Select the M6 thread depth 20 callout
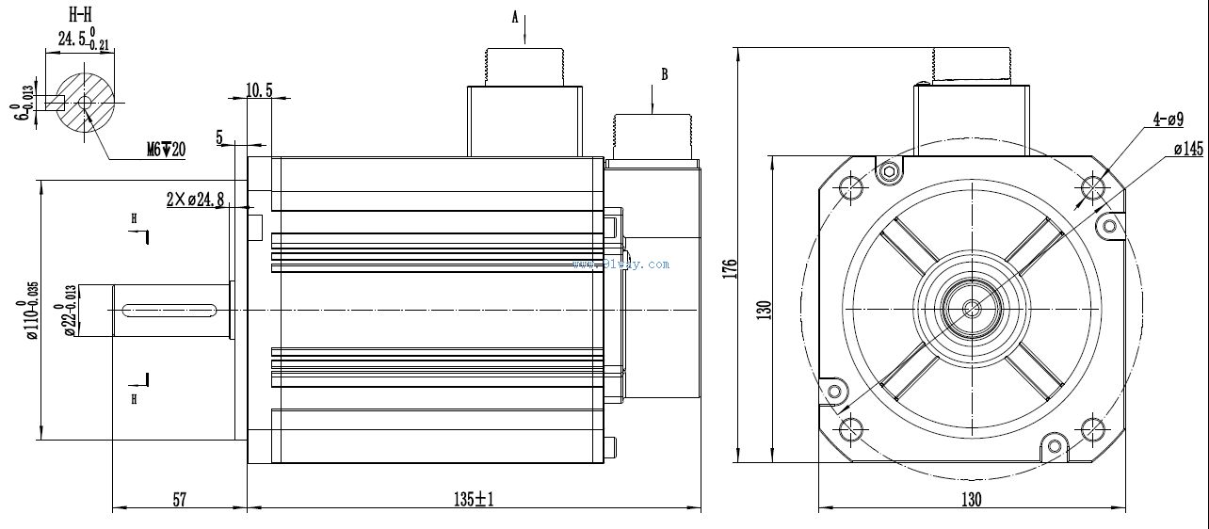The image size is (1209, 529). point(166,149)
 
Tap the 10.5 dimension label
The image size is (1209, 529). point(259,89)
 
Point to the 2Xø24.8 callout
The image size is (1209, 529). point(195,199)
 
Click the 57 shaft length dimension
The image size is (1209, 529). point(179,500)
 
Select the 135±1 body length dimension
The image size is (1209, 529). point(474,500)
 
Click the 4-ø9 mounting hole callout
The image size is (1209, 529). point(1168,120)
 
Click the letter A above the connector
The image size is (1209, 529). point(515,17)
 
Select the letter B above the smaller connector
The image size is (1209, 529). point(665,74)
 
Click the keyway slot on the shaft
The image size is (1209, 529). point(170,308)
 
